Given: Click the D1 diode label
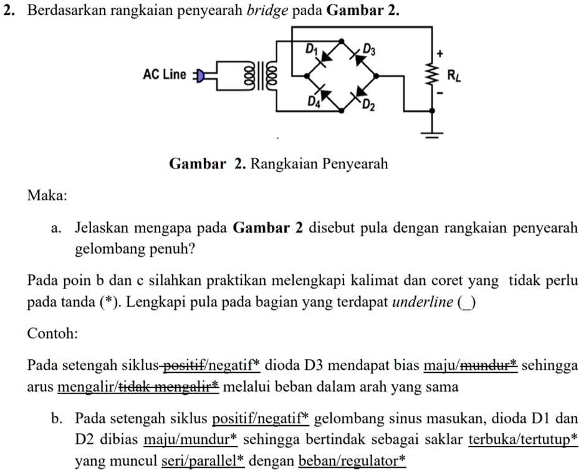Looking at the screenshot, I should point(310,49).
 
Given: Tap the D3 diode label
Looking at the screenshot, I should point(370,50).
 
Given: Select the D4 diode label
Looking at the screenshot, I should point(314,101).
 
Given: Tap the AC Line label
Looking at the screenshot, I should point(164,75).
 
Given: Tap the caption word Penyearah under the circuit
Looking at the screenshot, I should point(354,164).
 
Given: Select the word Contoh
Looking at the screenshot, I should point(53,333).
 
